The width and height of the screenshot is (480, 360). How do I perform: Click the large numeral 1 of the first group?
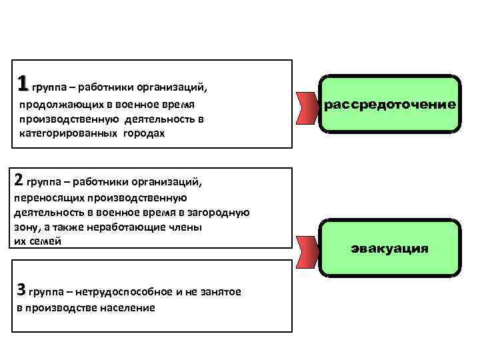pyautogui.click(x=23, y=83)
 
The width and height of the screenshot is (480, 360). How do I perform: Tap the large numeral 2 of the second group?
pyautogui.click(x=19, y=179)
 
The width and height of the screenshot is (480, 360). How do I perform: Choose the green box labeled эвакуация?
pyautogui.click(x=390, y=247)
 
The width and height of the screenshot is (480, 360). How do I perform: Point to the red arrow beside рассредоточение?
pyautogui.click(x=308, y=106)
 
